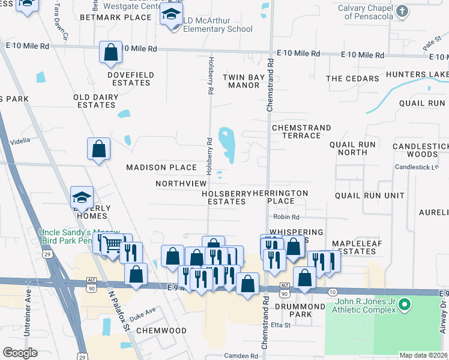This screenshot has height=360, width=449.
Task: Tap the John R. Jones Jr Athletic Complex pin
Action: (x=405, y=306)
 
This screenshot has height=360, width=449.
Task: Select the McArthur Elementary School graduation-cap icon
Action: (x=172, y=15)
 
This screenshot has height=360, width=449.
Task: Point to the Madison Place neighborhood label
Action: (x=161, y=167)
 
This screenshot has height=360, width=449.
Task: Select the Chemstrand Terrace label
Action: (x=301, y=131)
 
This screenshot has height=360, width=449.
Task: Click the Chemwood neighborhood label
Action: (x=161, y=331)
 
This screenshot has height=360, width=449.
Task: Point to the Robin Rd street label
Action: (x=286, y=217)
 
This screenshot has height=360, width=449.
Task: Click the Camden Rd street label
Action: (x=241, y=356)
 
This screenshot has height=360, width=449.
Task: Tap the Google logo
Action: (x=20, y=352)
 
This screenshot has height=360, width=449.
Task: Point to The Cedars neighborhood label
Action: (x=352, y=79)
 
